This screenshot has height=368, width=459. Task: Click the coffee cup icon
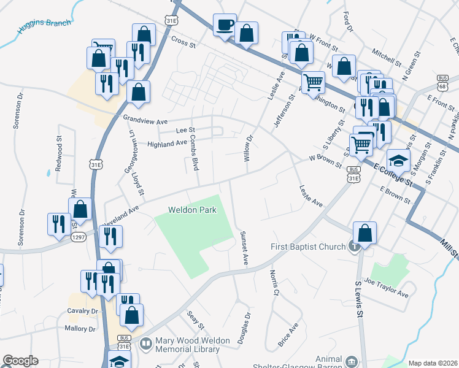click(224, 25)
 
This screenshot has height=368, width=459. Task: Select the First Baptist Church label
click(309, 247)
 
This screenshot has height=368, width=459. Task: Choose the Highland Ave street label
click(167, 144)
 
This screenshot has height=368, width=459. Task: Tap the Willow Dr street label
click(249, 148)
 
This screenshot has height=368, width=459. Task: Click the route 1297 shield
click(78, 237)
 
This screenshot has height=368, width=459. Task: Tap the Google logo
click(20, 361)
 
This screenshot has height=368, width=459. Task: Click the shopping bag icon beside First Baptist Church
click(364, 234)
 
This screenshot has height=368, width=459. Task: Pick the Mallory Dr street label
click(80, 329)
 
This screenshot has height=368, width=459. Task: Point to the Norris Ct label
click(274, 283)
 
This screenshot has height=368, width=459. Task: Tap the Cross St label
click(183, 44)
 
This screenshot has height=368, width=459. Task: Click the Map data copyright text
click(432, 363)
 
